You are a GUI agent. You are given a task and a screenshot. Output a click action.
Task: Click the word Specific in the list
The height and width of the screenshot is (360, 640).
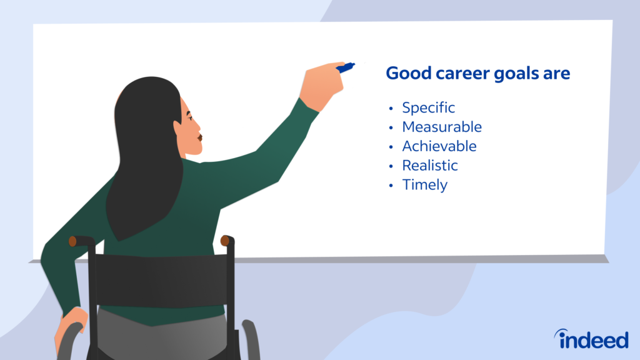(428, 108)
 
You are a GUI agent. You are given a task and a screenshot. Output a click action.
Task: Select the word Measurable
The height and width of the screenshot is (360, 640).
(441, 127)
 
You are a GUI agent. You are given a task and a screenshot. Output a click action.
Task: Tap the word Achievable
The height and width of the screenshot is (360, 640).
(439, 146)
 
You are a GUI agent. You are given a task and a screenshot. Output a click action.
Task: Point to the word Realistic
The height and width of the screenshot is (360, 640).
(429, 166)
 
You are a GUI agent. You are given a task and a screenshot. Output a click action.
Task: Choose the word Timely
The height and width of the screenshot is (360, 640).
(424, 185)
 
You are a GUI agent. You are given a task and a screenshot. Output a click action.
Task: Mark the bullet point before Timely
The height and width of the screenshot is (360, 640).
(391, 186)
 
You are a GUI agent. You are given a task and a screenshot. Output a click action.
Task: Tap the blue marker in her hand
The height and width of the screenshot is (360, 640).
(345, 67)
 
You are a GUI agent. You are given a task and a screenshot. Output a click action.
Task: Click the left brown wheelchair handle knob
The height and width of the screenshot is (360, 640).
(72, 241)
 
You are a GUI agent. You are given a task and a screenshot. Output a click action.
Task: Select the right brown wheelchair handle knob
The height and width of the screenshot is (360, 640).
(226, 241)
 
